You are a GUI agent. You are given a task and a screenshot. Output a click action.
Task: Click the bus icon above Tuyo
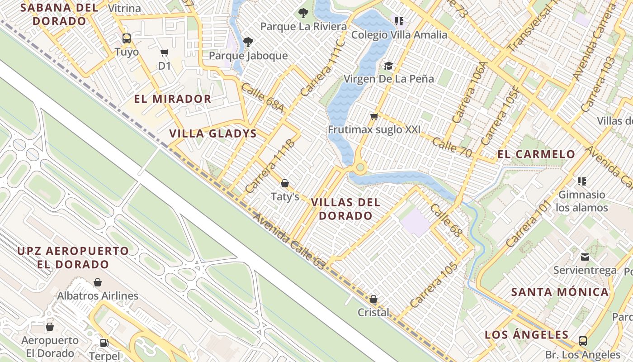coord(127,38)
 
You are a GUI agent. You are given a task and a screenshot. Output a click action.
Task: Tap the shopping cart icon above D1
coord(165,53)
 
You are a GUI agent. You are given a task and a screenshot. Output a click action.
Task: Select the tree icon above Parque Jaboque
coord(248,42)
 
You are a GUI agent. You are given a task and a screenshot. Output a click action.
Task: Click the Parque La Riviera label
coord(303,26)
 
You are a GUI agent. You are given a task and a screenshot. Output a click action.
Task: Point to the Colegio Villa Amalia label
coord(399,35)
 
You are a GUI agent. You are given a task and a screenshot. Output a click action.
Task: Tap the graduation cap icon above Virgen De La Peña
coord(388,66)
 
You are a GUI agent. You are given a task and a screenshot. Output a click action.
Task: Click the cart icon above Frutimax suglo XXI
coord(374,117)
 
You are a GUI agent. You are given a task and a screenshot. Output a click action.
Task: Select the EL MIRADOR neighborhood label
coord(173,99)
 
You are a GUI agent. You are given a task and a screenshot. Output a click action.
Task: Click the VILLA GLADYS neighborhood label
coord(213,133)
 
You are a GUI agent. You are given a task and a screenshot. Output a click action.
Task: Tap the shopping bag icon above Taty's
coord(285,183)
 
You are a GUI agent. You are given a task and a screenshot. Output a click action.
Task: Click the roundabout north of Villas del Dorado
coord(360,168)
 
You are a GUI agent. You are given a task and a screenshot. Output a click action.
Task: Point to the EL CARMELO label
coord(536,154)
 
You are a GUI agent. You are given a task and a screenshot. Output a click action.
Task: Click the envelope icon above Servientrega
coord(585,257)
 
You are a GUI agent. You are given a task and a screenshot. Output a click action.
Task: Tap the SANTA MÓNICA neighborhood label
coord(560,292)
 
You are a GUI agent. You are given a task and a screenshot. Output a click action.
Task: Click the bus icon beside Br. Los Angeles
coord(583,341)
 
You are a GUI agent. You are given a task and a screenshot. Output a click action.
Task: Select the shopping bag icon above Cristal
coord(373,299)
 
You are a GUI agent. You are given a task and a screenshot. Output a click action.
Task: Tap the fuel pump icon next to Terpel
coord(104,343)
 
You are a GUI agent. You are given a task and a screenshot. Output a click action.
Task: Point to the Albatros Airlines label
coord(98,296)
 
